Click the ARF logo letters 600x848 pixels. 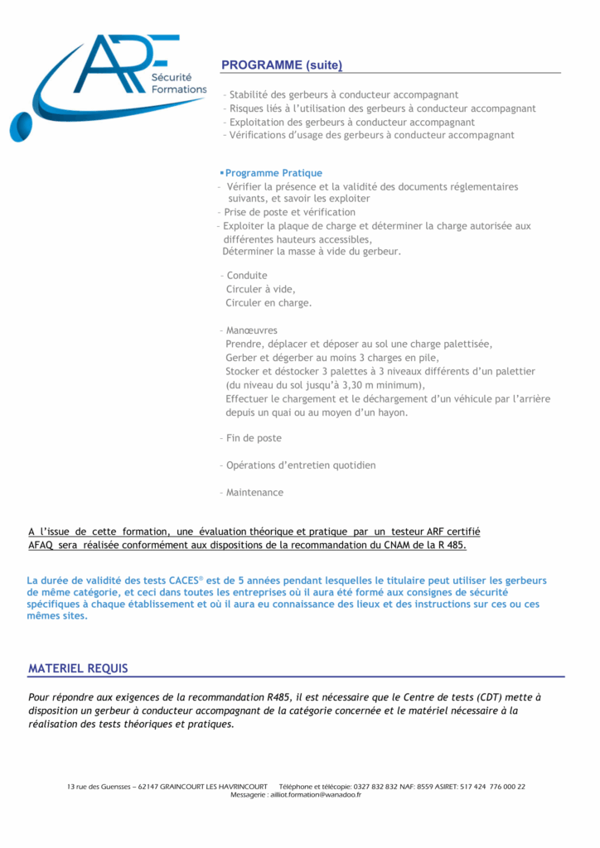pos(116,65)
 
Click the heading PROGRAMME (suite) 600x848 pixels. pos(281,65)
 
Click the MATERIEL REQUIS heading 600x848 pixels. pos(78,668)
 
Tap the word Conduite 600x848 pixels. pos(247,275)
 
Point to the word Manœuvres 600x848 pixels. pos(251,330)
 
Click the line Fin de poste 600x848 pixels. pos(254,438)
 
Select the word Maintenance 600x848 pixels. pos(254,493)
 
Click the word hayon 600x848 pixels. pos(392,412)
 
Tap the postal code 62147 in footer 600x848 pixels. pos(147,787)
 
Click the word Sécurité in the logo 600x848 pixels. pos(170,76)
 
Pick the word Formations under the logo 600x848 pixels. pos(179,89)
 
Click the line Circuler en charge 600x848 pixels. pos(269,303)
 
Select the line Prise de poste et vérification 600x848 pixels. pos(289,213)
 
